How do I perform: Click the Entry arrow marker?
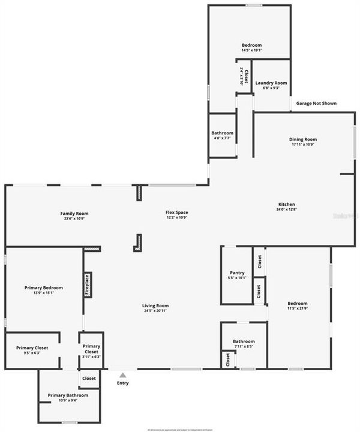[x=122, y=376]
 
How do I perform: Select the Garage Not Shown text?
[x=316, y=103]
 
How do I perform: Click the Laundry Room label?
[x=271, y=83]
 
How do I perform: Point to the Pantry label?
[x=237, y=272]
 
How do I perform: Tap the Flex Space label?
[x=177, y=213]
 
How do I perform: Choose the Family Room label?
[x=74, y=213]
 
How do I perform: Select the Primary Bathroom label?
[x=68, y=395]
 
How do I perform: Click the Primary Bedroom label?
[x=43, y=287]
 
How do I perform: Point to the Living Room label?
[x=155, y=305]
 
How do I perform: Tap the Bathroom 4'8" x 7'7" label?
[x=222, y=133]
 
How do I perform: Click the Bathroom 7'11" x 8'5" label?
[x=244, y=341]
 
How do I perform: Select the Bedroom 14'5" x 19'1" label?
[x=251, y=45]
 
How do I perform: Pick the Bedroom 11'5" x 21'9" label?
[x=297, y=304]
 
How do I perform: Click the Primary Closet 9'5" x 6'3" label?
[x=32, y=348]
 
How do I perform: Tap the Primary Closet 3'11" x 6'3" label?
[x=91, y=346]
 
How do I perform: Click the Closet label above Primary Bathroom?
[x=89, y=379]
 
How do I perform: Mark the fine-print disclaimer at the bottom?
[x=180, y=428]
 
